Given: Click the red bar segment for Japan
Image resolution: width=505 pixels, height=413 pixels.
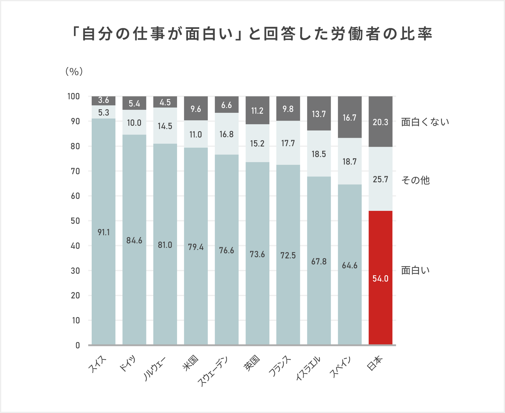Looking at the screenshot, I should [380, 277].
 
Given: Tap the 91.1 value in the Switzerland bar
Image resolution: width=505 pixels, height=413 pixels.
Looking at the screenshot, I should [104, 232].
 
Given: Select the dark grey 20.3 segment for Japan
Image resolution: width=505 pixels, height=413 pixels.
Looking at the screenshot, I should [380, 122].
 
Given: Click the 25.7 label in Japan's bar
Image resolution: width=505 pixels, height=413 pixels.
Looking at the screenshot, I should [380, 179].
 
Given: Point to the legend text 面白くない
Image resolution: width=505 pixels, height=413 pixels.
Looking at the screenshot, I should [425, 122].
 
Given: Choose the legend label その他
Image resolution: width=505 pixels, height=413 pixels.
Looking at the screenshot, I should [415, 180].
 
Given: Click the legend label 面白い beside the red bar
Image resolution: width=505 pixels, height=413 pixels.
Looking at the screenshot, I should [415, 270].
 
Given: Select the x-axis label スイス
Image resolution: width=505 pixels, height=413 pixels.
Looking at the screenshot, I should [98, 364].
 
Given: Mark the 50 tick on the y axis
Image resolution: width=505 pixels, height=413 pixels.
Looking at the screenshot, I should [75, 221].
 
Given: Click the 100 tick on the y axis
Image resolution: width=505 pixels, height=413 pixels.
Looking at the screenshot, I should [74, 96].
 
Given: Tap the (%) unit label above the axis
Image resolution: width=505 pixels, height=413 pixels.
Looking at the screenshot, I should [74, 71].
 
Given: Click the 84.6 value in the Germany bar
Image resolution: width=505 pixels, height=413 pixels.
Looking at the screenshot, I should [134, 240].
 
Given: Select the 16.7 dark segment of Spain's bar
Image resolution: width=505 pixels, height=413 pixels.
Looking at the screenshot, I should [350, 118].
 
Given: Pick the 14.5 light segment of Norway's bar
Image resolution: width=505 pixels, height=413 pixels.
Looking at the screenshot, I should [165, 126].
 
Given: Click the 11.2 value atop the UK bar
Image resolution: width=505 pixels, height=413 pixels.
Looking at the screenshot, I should [257, 111].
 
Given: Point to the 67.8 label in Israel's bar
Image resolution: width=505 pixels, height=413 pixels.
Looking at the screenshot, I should [319, 261].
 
